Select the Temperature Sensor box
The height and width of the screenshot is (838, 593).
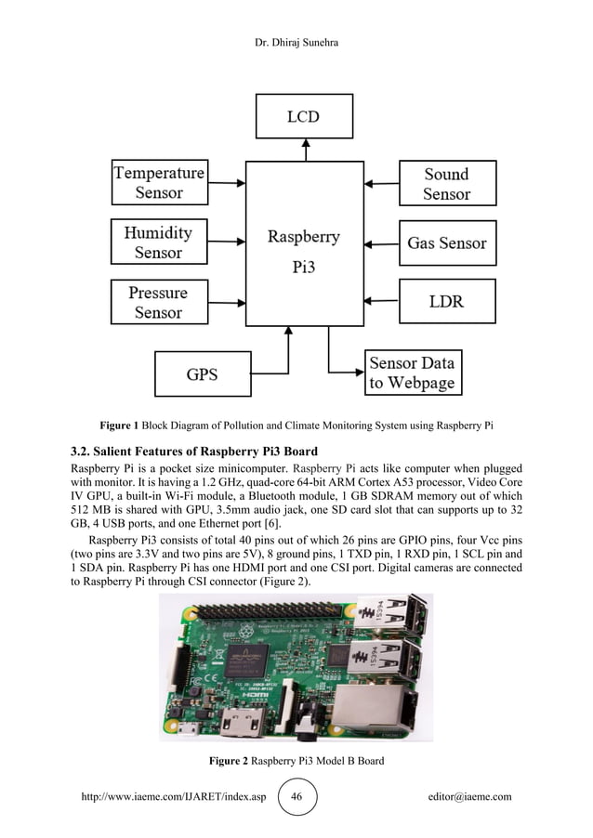coord(158,183)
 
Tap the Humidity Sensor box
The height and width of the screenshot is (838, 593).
coord(158,242)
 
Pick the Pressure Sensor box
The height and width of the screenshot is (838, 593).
coord(158,302)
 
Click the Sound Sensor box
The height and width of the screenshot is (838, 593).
coord(446,183)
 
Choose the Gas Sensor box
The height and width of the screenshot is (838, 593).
coord(446,242)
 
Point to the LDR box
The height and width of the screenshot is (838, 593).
coord(446,302)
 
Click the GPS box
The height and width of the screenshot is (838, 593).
coord(203,374)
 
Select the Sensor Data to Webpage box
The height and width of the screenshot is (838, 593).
coord(412,373)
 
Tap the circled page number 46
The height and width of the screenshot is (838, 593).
coord(296,796)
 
